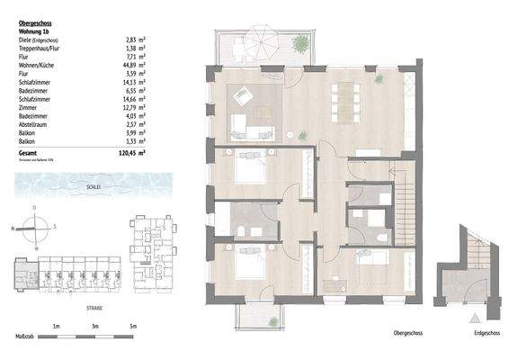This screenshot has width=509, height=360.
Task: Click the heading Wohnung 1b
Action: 36,31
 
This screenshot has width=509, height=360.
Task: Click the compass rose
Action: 34,227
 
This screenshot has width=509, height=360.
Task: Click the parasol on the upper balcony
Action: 264,40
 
